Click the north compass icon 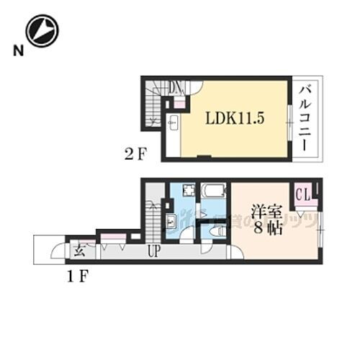tap(42, 30)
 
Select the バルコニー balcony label tap(305, 117)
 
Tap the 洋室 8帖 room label tap(265, 220)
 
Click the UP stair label tap(153, 253)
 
